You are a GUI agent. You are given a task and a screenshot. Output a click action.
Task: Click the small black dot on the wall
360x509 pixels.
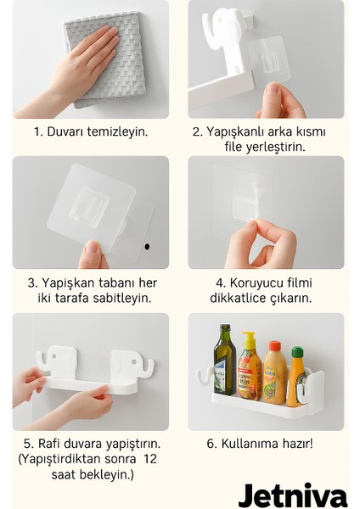(147, 246)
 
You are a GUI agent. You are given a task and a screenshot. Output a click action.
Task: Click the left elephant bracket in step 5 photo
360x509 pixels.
(60, 361)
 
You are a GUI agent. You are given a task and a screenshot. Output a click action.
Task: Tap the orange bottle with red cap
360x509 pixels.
(274, 373)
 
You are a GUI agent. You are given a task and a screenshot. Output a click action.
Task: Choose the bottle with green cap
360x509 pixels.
(297, 377)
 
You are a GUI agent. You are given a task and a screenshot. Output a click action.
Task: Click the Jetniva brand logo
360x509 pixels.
(292, 495)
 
